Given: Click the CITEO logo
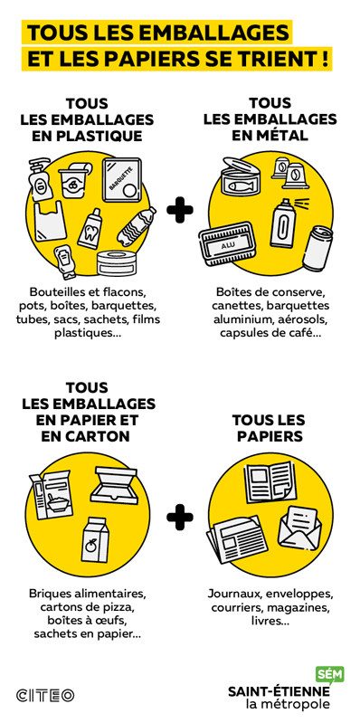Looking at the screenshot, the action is pyautogui.click(x=45, y=695).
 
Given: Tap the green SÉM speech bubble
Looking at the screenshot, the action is pyautogui.click(x=329, y=675).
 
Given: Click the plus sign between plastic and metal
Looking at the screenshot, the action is pyautogui.click(x=180, y=210).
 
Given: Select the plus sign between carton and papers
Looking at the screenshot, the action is pyautogui.click(x=180, y=517).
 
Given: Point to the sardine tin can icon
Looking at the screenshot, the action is pyautogui.click(x=241, y=176).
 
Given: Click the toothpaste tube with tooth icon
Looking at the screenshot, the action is pyautogui.click(x=89, y=228).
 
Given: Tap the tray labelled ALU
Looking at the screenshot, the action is pyautogui.click(x=227, y=244).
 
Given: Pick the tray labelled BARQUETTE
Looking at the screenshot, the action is pyautogui.click(x=122, y=180).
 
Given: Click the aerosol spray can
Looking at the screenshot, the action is pyautogui.click(x=283, y=224).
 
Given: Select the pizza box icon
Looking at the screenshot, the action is pyautogui.click(x=114, y=485).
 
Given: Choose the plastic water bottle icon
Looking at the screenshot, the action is pyautogui.click(x=137, y=226).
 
